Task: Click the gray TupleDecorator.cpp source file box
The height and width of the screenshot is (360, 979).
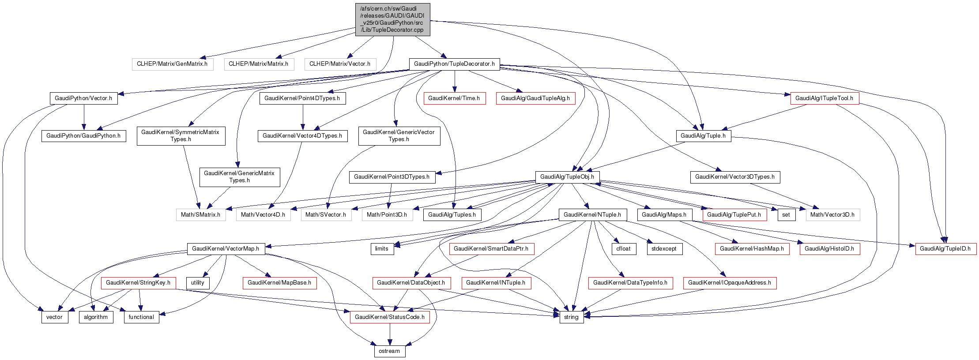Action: click(392, 20)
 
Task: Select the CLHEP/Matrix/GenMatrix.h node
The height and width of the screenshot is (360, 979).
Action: click(172, 64)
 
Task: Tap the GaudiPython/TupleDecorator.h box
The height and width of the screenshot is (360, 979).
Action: click(454, 64)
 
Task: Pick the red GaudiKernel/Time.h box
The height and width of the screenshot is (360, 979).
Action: click(454, 98)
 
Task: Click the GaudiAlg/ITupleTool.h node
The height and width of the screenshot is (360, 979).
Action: click(824, 98)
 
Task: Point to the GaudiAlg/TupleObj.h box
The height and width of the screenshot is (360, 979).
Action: click(567, 177)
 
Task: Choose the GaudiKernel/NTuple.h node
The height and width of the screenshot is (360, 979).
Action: click(592, 215)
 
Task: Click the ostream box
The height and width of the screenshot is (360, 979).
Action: click(389, 351)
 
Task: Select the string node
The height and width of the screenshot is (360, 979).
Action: click(571, 317)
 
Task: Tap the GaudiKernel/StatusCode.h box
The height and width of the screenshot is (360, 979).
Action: click(390, 317)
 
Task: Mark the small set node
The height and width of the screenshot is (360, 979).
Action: click(786, 215)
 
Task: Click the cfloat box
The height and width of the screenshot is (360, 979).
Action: click(624, 249)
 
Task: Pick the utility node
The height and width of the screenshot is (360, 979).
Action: click(198, 283)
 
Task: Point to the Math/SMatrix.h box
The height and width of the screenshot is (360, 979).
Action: click(200, 215)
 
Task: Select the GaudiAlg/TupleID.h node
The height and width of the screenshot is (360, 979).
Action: click(945, 249)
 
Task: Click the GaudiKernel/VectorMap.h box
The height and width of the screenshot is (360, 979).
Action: click(226, 249)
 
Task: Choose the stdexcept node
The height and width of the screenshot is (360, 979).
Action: click(664, 249)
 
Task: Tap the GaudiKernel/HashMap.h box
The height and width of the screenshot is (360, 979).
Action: click(752, 249)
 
